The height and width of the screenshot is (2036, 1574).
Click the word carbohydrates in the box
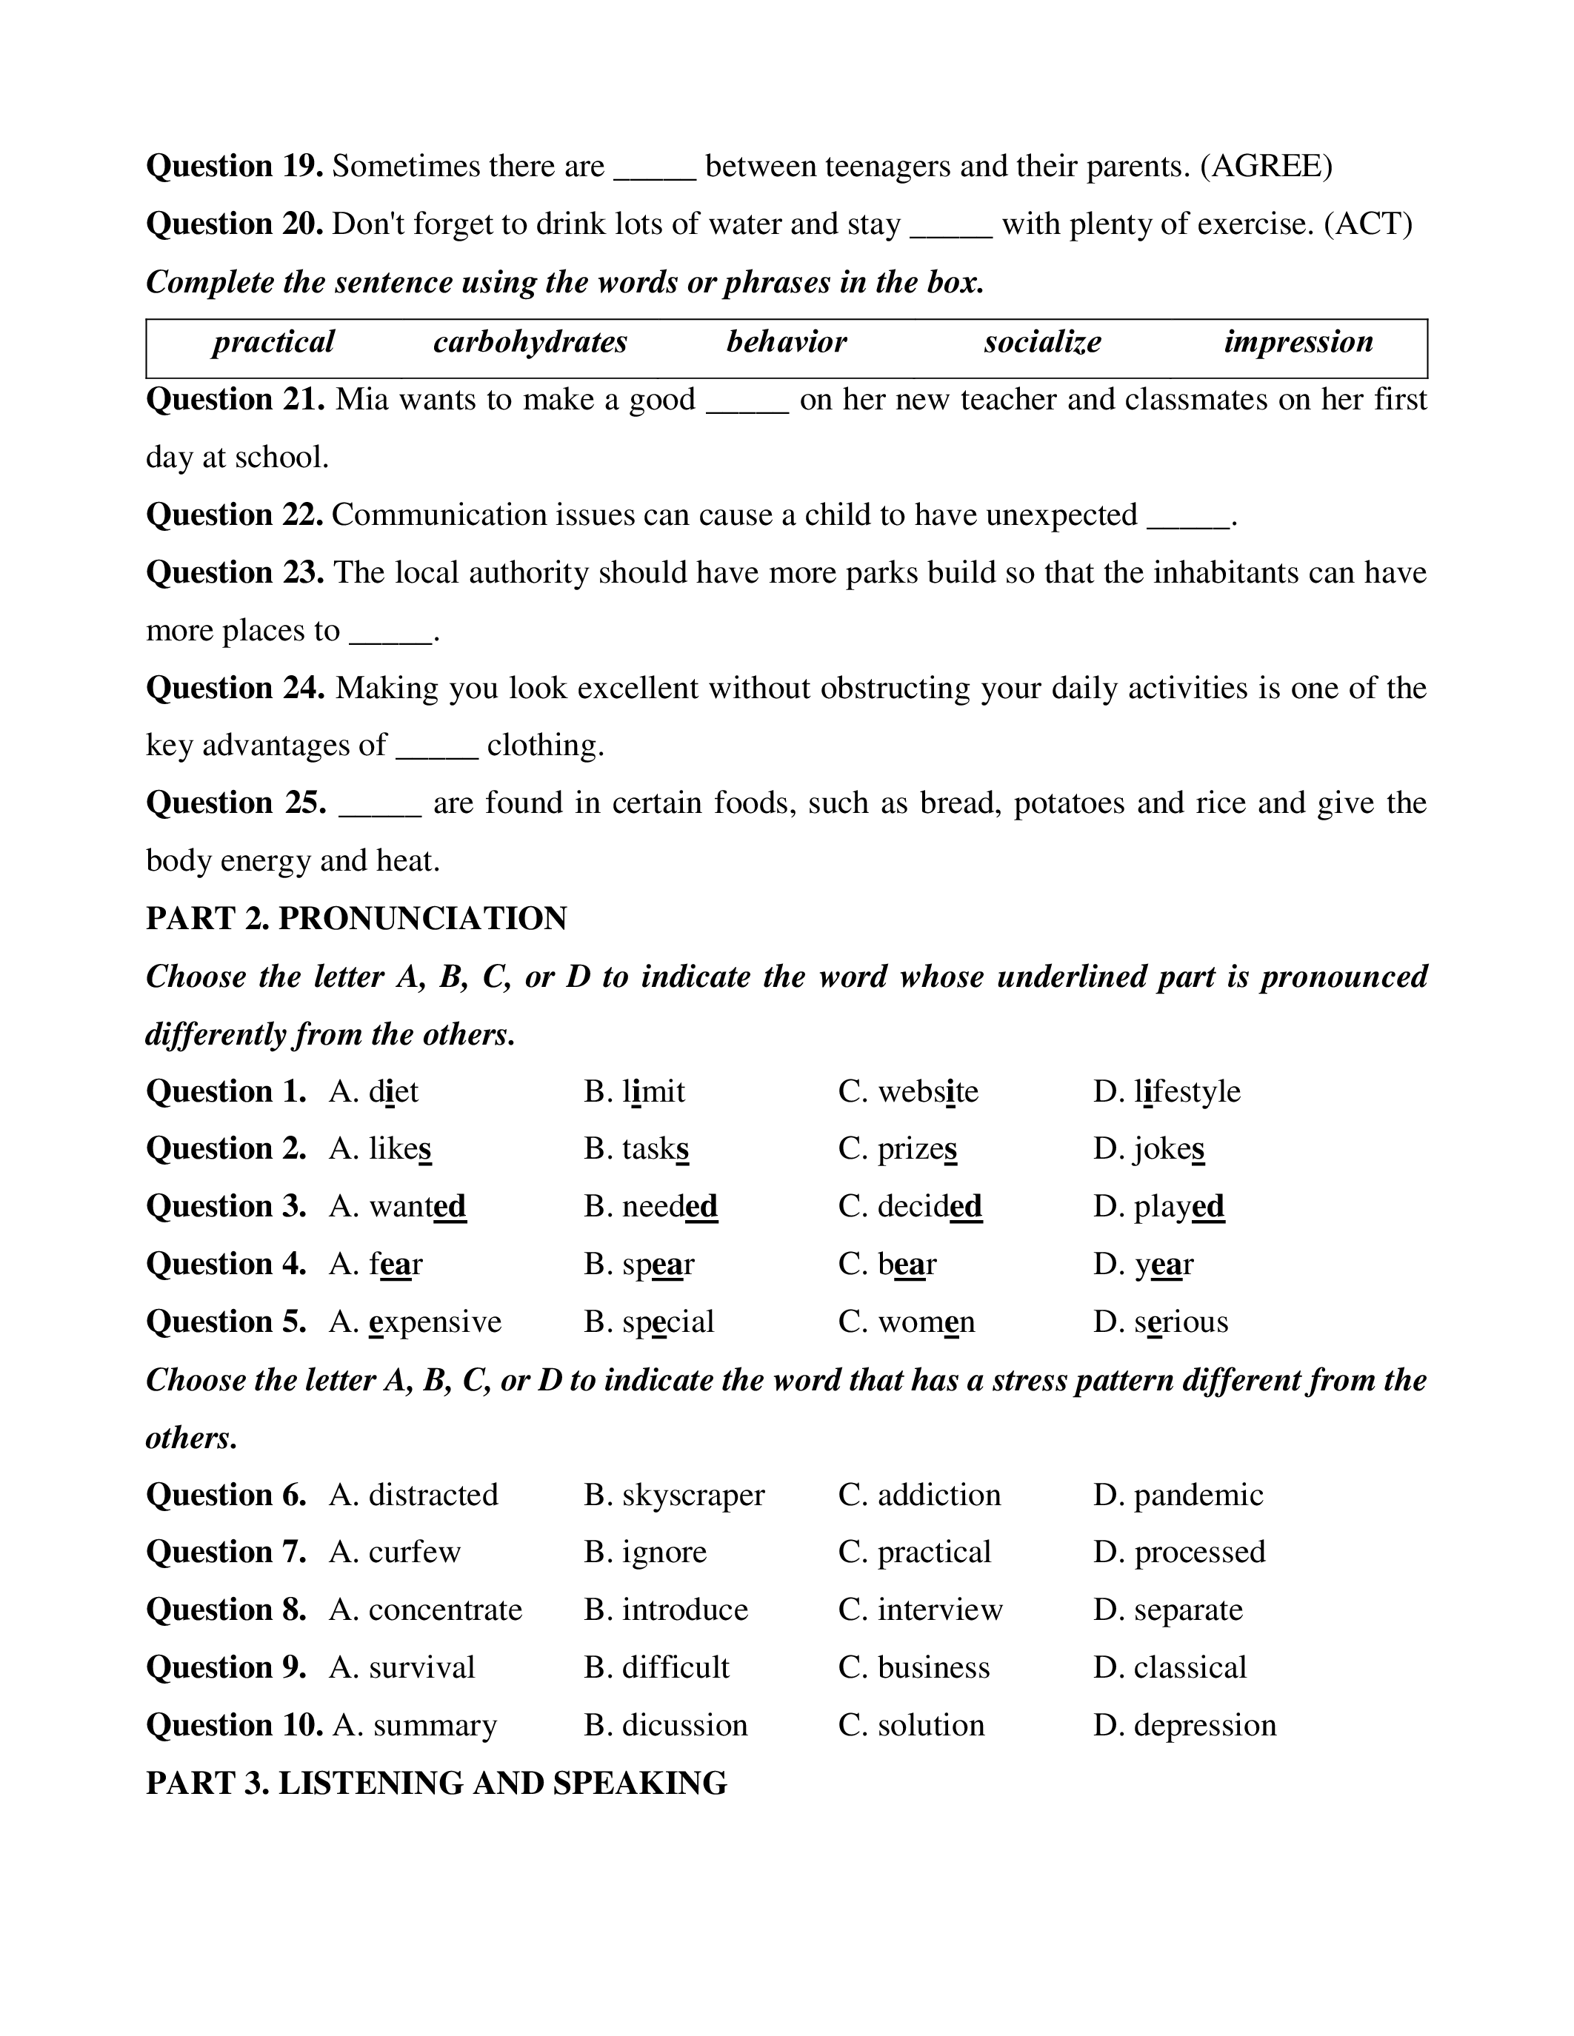530,342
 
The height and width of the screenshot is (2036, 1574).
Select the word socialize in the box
1041,342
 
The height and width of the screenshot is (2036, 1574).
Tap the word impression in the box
1298,342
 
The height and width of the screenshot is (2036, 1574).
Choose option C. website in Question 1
908,1091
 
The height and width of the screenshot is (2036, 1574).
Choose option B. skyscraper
674,1496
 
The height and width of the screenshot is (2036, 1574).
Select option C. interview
921,1610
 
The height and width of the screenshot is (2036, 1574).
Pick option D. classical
1170,1668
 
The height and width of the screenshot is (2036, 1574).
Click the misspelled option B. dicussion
666,1726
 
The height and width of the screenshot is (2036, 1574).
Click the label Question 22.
234,515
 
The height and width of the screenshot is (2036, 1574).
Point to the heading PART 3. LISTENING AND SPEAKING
436,1784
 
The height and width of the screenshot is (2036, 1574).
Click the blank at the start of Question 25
379,803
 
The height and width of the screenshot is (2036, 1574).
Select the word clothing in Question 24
544,746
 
